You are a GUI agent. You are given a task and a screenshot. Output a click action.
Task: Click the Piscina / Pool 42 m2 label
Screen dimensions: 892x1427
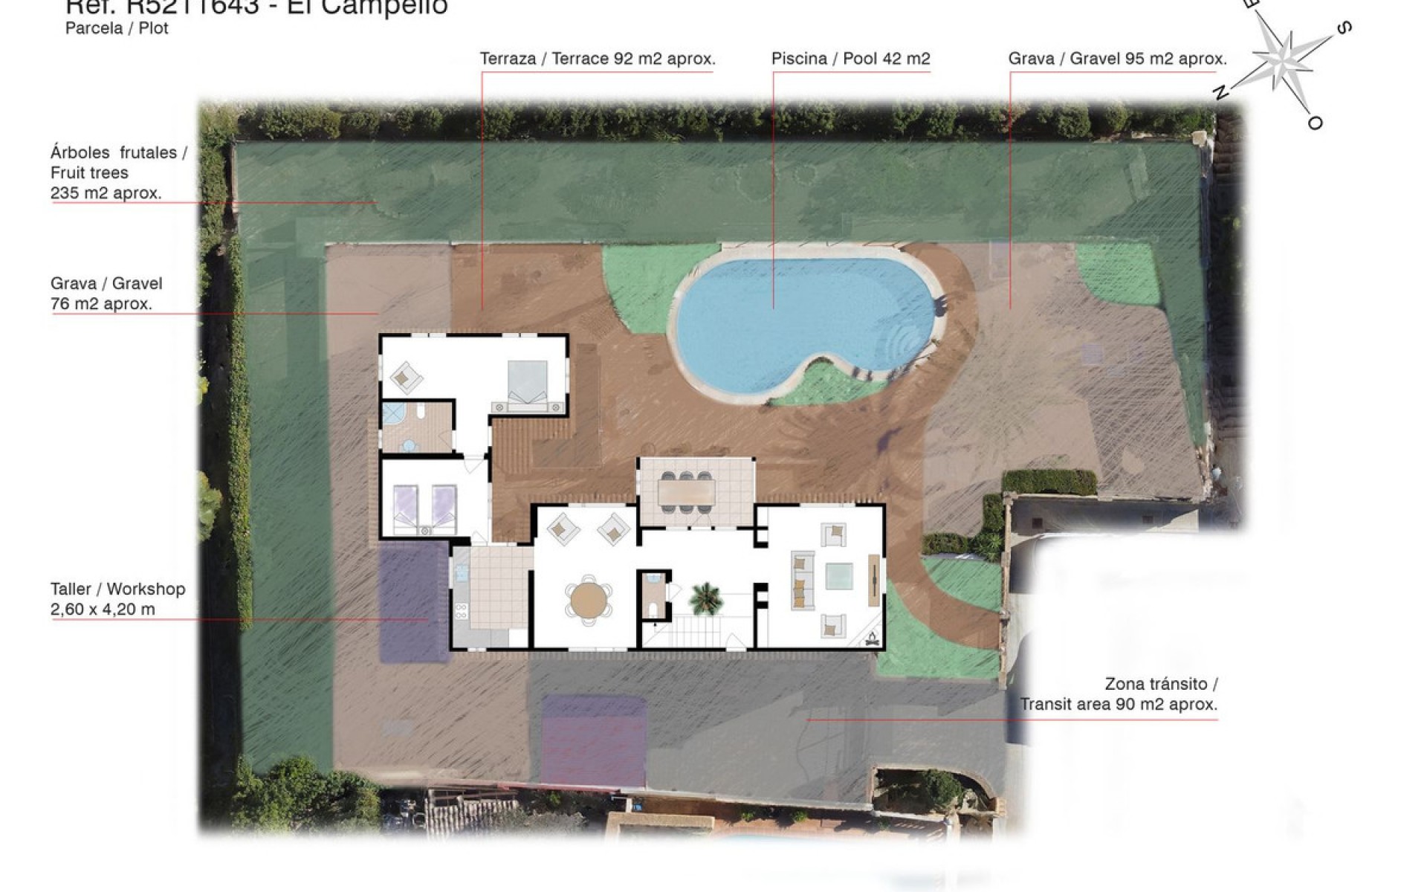(x=850, y=59)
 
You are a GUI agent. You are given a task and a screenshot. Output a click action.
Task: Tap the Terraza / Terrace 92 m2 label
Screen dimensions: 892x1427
(x=598, y=59)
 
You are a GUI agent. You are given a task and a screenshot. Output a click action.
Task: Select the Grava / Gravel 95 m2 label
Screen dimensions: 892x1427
(x=1117, y=59)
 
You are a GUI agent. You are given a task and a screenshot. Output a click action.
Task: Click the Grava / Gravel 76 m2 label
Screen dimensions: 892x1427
(x=106, y=293)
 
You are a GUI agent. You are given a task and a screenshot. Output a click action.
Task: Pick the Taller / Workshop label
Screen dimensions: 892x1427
(x=117, y=598)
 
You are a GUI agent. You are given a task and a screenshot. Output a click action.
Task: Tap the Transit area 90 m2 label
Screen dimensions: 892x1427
(x=1119, y=694)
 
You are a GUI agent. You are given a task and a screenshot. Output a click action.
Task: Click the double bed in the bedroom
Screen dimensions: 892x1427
(x=527, y=384)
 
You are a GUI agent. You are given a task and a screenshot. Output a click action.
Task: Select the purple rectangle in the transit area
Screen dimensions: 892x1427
(x=593, y=740)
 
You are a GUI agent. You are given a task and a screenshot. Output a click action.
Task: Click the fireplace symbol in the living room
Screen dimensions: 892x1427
(x=871, y=636)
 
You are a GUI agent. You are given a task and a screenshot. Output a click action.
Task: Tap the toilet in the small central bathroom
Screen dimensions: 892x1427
(x=653, y=610)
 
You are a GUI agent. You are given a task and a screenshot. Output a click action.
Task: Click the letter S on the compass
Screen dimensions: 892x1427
(x=1343, y=29)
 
